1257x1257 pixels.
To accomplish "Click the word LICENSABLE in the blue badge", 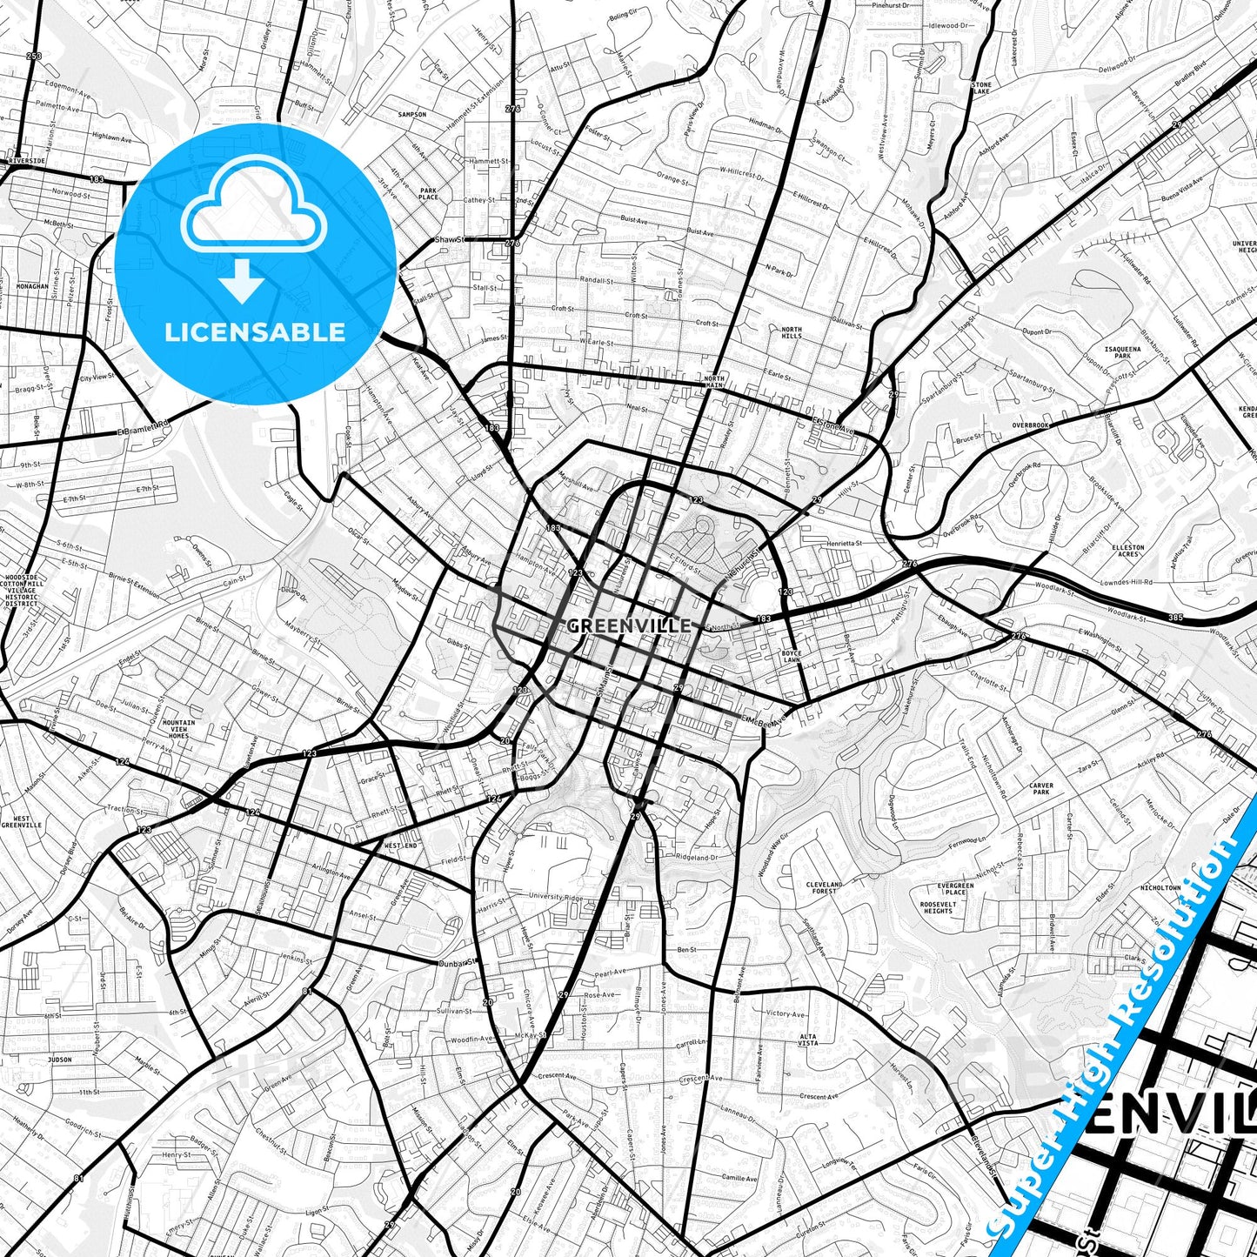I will pos(255,331).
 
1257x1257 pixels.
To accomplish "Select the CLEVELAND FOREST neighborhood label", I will pos(824,887).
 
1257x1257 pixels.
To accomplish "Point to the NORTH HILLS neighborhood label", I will pos(792,331).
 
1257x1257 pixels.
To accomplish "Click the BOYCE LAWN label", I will pos(791,656).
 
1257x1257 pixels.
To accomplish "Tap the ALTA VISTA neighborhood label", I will pos(808,1040).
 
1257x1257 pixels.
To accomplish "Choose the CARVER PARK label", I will pos(1041,789).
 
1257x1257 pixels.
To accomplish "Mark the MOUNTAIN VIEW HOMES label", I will pos(178,729).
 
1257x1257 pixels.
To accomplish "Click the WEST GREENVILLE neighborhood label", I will pos(21,821).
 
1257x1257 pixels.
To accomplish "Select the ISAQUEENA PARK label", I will pos(1118,351).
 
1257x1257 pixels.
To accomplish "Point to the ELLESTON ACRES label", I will pos(1128,551).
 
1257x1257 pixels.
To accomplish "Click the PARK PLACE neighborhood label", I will pos(429,193).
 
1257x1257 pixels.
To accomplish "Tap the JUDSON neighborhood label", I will pos(60,1060).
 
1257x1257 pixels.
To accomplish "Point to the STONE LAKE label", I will pos(981,87).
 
